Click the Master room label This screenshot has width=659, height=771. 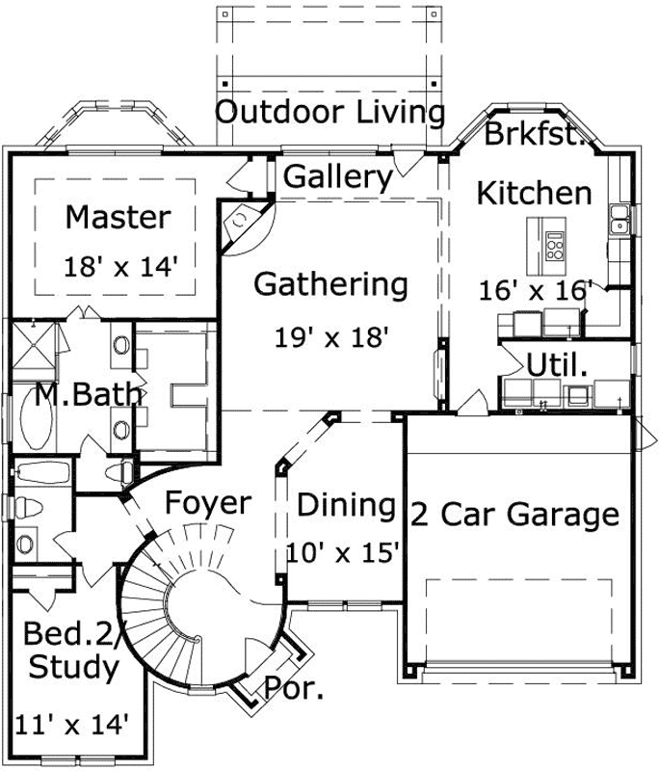pyautogui.click(x=118, y=218)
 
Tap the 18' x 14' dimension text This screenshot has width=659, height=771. pyautogui.click(x=121, y=267)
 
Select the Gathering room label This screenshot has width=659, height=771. pyautogui.click(x=330, y=285)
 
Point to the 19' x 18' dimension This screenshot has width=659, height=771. pyautogui.click(x=331, y=337)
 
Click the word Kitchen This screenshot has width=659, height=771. pyautogui.click(x=535, y=194)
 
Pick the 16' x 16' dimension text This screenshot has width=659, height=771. pyautogui.click(x=536, y=290)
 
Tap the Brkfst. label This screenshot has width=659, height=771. pyautogui.click(x=536, y=136)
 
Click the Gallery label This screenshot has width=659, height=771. pyautogui.click(x=338, y=177)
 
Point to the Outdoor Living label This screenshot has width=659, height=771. pyautogui.click(x=329, y=113)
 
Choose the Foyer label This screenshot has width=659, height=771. pyautogui.click(x=207, y=503)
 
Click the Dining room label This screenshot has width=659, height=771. pyautogui.click(x=346, y=506)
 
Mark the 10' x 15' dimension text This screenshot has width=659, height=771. pyautogui.click(x=343, y=553)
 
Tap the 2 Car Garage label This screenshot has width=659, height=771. pyautogui.click(x=515, y=515)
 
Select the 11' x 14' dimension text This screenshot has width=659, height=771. pyautogui.click(x=72, y=723)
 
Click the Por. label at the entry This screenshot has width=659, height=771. pyautogui.click(x=293, y=690)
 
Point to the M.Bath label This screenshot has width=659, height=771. pyautogui.click(x=90, y=394)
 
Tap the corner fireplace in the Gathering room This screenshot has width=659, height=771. pyautogui.click(x=240, y=224)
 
